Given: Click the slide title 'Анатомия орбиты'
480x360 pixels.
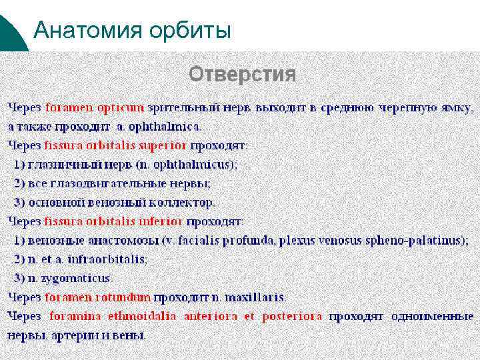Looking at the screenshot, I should coord(132,30).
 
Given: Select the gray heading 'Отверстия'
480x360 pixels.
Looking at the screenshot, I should coord(242,74).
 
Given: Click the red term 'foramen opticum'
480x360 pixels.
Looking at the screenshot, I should coord(94,107).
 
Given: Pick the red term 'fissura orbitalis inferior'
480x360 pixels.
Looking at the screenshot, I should coord(113,221).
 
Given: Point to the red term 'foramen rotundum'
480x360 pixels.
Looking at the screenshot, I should coord(97,297).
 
